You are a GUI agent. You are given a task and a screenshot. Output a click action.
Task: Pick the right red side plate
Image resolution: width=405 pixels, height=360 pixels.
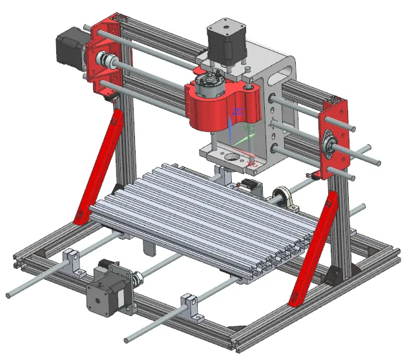coord(336,139)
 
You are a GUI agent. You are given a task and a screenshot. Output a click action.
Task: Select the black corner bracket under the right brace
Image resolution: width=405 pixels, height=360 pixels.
coord(336,275)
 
